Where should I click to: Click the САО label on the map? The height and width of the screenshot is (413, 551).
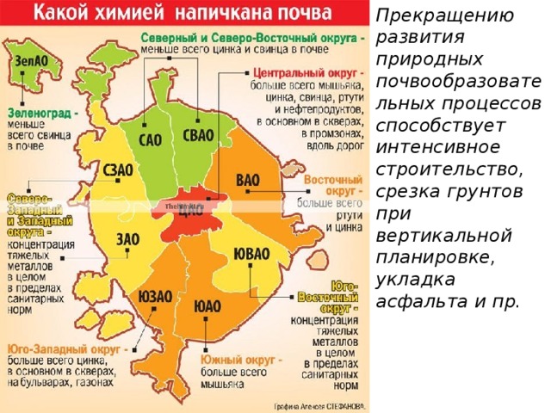150,139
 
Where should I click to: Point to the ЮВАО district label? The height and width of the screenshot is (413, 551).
251,255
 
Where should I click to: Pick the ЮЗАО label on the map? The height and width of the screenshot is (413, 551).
155,296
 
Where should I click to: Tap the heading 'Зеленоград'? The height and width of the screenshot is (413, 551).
40,111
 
